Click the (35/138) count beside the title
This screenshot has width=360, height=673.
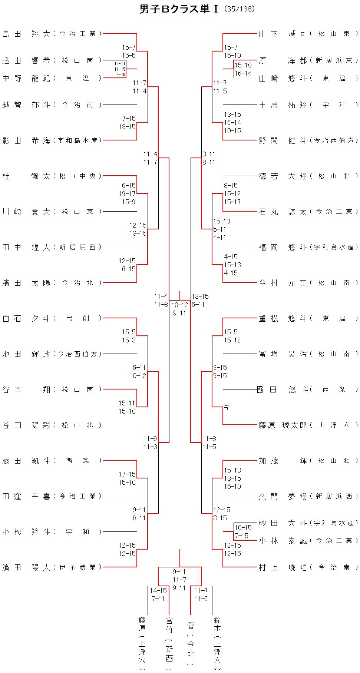[x=240, y=9]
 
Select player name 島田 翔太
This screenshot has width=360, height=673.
[x=26, y=34]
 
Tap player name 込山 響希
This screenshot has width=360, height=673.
[x=26, y=60]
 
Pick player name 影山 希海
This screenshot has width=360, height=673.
[x=26, y=140]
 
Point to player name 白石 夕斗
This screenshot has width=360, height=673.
[x=26, y=318]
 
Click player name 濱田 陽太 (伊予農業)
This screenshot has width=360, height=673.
[x=26, y=567]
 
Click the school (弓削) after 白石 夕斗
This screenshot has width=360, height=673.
[x=77, y=318]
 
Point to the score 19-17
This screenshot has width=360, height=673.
[x=127, y=194]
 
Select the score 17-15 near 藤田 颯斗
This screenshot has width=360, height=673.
[x=127, y=474]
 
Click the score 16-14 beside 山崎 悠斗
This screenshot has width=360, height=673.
[x=243, y=73]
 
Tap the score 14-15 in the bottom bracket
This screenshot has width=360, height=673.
[x=158, y=591]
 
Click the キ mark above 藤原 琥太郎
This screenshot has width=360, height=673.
[x=227, y=407]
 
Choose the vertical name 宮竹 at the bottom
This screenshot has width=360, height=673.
[x=169, y=625]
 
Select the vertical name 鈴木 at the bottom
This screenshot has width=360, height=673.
[x=217, y=624]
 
